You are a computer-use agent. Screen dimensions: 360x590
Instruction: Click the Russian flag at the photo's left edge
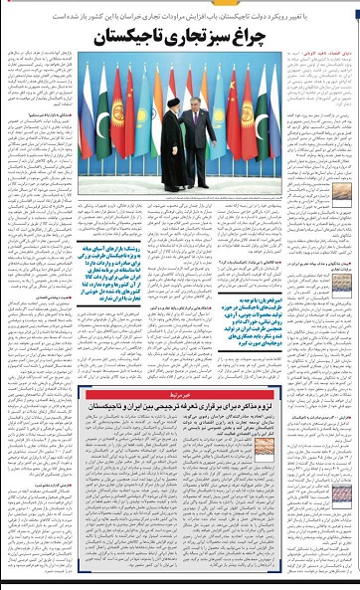point(86,109)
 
